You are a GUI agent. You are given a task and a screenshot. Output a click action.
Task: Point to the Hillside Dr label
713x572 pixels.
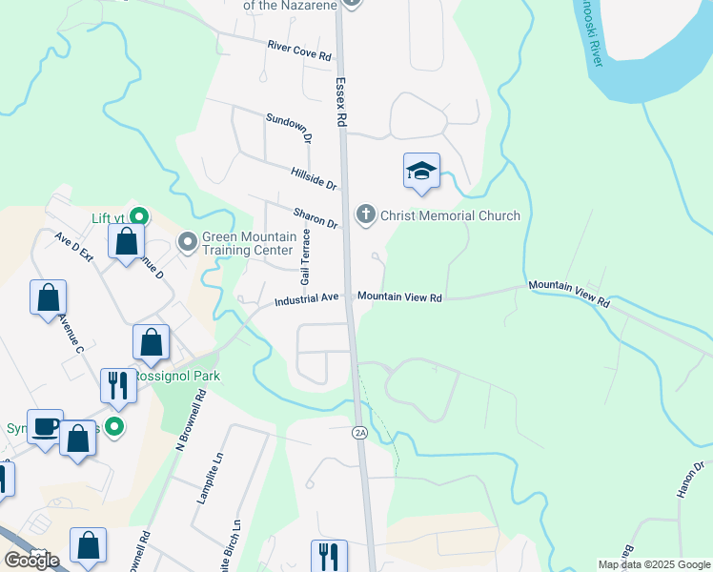[314, 176]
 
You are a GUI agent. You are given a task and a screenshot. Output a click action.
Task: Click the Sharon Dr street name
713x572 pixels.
[316, 216]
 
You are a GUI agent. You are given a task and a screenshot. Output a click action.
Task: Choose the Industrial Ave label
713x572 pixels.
[307, 299]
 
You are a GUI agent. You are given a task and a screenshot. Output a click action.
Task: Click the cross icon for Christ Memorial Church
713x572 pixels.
[365, 215]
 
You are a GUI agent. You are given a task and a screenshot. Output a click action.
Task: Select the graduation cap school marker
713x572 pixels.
[421, 172]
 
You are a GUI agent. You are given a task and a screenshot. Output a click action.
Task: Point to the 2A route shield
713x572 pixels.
[359, 433]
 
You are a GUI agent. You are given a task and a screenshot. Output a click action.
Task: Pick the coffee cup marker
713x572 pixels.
[44, 426]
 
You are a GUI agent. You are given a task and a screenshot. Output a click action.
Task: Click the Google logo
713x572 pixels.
[31, 561]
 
